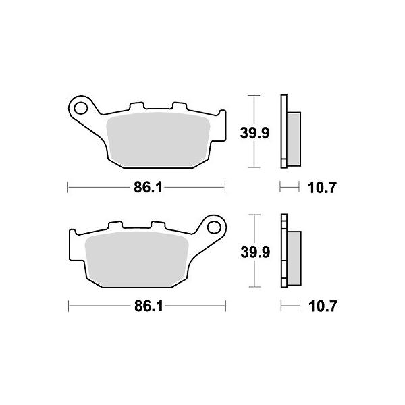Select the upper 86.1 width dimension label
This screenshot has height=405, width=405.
pyautogui.click(x=147, y=186)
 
